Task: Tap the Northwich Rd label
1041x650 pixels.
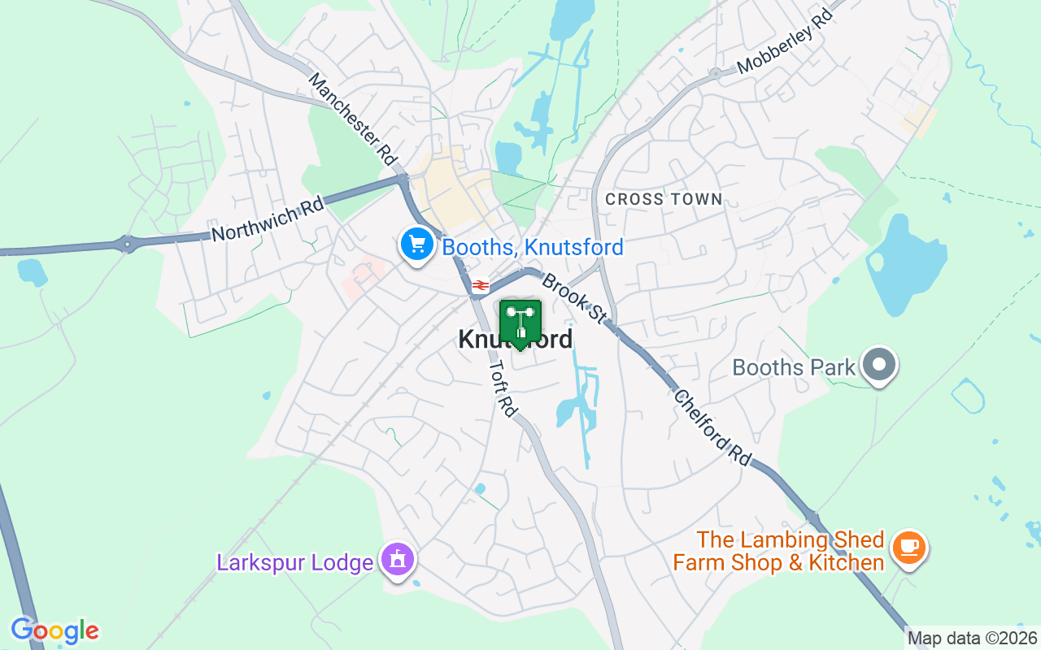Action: pos(268,219)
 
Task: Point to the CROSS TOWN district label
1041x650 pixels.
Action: pos(664,199)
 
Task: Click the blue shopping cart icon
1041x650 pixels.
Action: pos(416,244)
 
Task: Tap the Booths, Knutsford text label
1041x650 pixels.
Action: pos(533,247)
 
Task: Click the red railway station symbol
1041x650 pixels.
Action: pos(480,285)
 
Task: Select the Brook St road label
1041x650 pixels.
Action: pos(573,299)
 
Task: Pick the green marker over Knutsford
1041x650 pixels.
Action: pos(520,323)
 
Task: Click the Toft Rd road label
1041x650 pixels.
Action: pos(503,389)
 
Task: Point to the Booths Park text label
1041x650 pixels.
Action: pos(794,367)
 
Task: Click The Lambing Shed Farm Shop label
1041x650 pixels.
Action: pos(778,551)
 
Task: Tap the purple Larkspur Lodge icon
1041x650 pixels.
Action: pos(398,560)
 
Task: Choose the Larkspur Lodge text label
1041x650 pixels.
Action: pos(294,561)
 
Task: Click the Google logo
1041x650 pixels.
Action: pos(54,630)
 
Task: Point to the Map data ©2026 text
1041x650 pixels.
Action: pos(972,638)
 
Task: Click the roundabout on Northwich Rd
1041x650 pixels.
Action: pos(127,243)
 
